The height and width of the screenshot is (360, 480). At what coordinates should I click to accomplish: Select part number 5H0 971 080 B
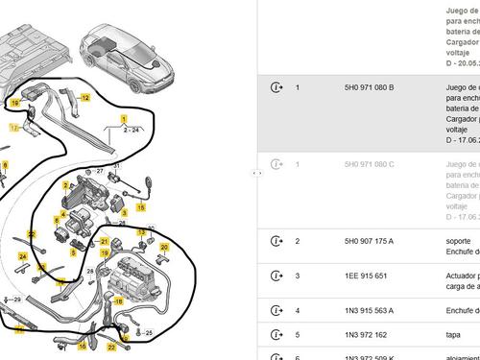point(369,87)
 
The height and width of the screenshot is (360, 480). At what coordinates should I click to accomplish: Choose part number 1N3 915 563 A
point(369,310)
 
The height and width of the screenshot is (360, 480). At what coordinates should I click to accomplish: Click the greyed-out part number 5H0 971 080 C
point(369,164)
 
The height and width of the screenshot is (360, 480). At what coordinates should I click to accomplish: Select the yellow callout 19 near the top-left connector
point(14,101)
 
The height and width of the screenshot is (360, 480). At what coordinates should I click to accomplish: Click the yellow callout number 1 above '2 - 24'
point(123,116)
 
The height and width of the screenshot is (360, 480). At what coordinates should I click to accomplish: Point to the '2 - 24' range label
point(132,129)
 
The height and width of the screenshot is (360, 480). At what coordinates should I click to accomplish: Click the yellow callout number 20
point(164,247)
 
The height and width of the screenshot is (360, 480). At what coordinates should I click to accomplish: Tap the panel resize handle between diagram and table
point(256,173)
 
